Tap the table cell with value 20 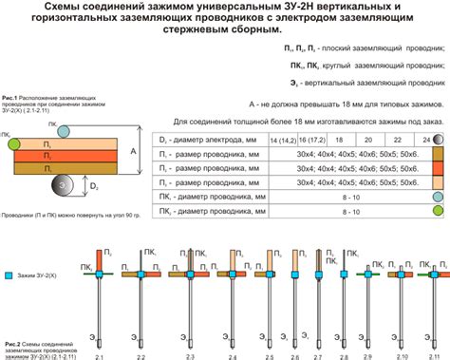point(365,139)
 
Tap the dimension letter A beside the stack point(135,150)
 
